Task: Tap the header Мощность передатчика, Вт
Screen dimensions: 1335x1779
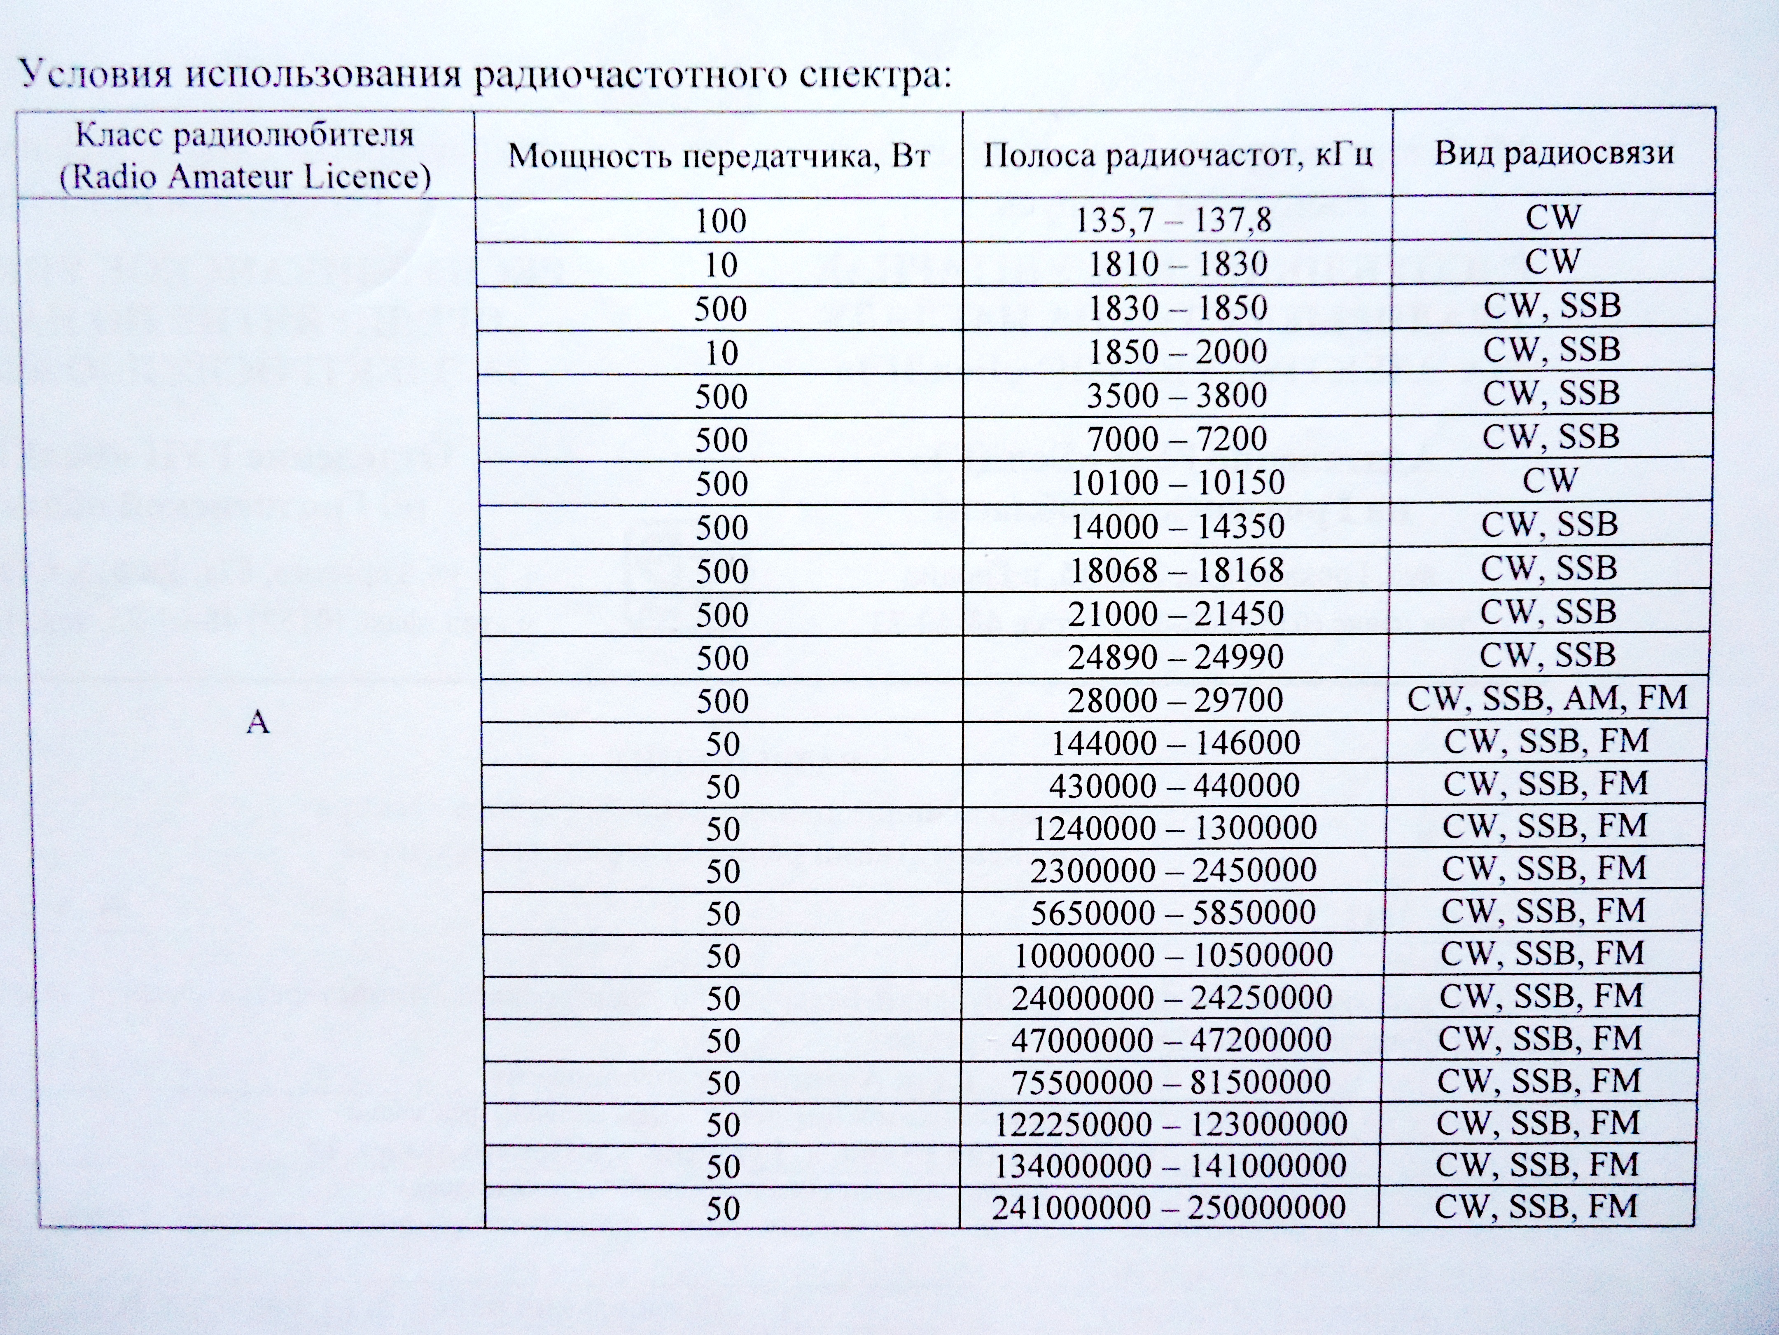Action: coord(719,155)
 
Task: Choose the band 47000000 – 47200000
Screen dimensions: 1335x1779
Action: coord(1170,1040)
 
